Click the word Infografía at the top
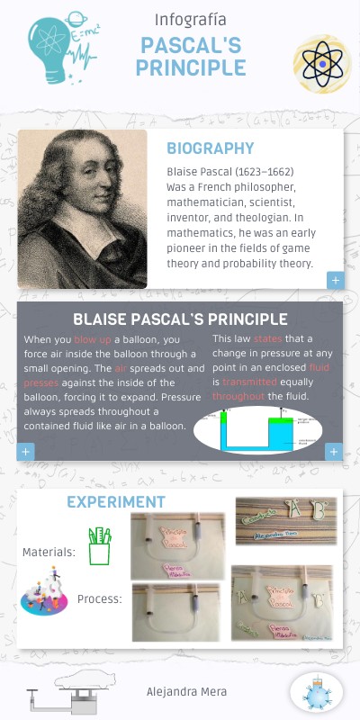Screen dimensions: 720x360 click(x=191, y=19)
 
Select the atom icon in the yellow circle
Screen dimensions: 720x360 click(x=321, y=64)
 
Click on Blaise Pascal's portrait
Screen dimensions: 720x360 click(x=82, y=209)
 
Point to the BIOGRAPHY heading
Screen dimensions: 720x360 click(x=210, y=149)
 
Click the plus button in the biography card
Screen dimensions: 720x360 click(x=335, y=281)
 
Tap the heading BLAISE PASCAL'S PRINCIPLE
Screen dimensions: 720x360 click(x=180, y=319)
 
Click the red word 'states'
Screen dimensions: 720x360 click(x=267, y=339)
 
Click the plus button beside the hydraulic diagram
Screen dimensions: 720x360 click(x=334, y=452)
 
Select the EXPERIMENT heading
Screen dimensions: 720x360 click(x=116, y=502)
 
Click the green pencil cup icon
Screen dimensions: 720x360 click(x=99, y=546)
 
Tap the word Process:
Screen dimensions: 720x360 click(x=100, y=599)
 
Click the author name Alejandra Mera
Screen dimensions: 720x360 click(x=186, y=691)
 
